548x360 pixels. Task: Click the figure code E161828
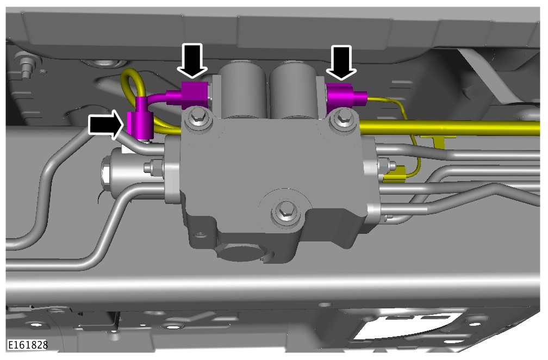[x=28, y=345]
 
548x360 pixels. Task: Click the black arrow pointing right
[x=106, y=125]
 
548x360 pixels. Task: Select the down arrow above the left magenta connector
[x=192, y=60]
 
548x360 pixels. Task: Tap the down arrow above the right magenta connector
[x=341, y=62]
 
